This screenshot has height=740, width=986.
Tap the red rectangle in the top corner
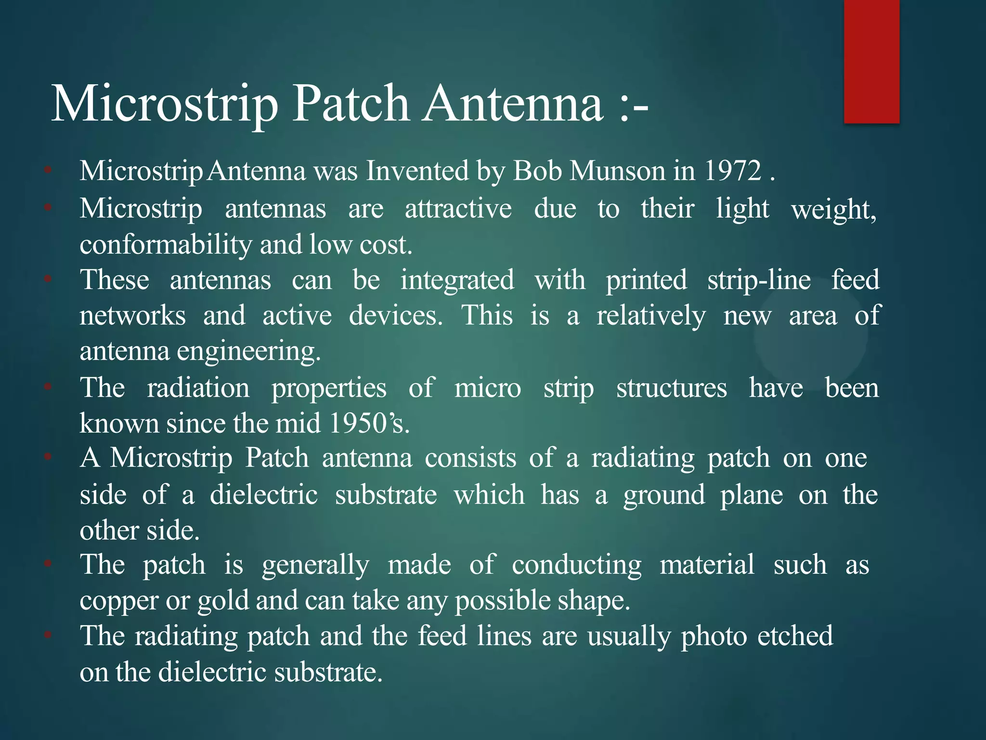click(871, 61)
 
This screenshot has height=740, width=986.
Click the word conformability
click(166, 245)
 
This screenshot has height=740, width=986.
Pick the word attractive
click(458, 209)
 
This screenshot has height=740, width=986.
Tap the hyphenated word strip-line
click(759, 280)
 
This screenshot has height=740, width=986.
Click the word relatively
click(651, 316)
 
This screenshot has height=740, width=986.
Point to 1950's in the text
click(369, 423)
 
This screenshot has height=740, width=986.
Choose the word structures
click(671, 388)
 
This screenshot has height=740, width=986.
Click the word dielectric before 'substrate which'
click(264, 495)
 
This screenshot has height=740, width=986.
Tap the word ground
click(664, 495)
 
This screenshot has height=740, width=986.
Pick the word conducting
click(576, 565)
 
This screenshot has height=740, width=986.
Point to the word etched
click(795, 636)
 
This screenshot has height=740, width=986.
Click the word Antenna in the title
click(513, 104)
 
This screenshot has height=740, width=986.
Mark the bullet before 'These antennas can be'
click(48, 278)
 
